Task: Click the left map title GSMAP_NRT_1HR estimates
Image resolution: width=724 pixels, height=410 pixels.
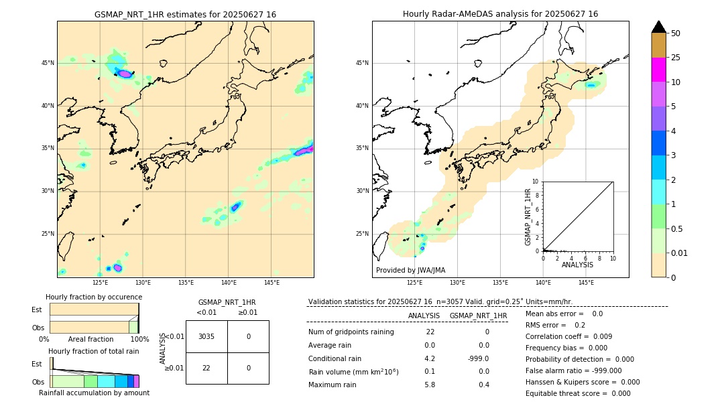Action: tap(185, 14)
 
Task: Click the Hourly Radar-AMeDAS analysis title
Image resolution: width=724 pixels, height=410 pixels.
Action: tap(500, 14)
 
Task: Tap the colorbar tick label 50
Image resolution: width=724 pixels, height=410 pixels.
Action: tap(676, 33)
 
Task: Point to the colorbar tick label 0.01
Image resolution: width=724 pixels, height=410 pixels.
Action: tap(679, 253)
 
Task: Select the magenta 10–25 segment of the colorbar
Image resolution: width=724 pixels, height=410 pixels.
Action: tap(658, 70)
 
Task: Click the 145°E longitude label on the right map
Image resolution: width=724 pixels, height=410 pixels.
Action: tap(586, 283)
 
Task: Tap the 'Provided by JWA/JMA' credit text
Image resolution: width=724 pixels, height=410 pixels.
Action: tap(410, 271)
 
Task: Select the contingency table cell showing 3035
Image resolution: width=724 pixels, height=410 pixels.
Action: tap(206, 336)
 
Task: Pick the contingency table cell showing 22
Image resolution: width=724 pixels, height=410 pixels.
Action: tap(206, 368)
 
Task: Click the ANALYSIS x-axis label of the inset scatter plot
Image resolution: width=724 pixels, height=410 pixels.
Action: tap(577, 265)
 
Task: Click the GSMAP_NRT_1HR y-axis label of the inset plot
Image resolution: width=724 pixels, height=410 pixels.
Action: tap(528, 216)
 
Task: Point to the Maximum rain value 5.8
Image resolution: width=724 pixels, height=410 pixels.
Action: tap(430, 385)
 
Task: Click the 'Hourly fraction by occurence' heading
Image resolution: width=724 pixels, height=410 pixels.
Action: tap(94, 297)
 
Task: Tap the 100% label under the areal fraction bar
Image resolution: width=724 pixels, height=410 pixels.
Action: tap(139, 340)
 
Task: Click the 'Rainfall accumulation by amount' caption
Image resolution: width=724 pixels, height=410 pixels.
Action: tap(94, 393)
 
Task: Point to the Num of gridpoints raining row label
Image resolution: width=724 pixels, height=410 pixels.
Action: tap(351, 332)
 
